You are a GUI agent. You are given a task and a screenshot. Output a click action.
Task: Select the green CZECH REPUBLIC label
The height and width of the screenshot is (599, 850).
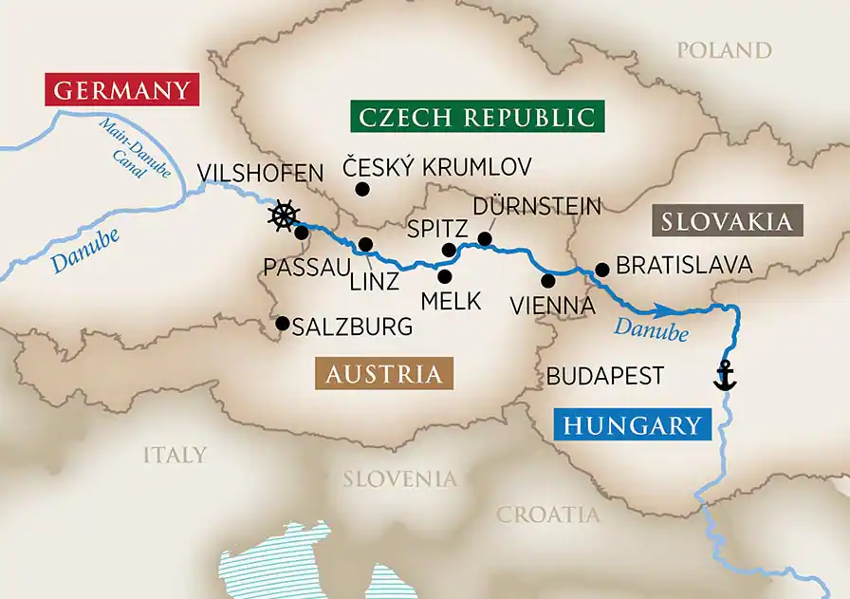click(477, 118)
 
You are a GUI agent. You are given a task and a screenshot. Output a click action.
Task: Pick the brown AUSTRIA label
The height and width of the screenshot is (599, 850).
click(384, 374)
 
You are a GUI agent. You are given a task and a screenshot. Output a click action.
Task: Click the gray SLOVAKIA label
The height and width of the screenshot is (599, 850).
click(726, 222)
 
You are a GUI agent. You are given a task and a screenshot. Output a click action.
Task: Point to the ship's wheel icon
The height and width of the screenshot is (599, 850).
click(283, 216)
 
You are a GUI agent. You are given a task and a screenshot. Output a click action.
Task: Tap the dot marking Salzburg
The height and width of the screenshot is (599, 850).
click(282, 324)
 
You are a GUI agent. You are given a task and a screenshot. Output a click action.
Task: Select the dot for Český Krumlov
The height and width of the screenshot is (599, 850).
click(361, 190)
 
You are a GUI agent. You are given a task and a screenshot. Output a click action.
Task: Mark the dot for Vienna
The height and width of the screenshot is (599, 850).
click(547, 280)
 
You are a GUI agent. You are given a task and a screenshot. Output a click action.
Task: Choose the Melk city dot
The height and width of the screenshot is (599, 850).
click(444, 276)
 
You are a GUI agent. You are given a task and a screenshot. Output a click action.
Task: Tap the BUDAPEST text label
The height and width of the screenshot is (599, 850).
click(604, 376)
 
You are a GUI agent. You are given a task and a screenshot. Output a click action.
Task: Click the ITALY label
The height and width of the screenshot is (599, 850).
click(175, 455)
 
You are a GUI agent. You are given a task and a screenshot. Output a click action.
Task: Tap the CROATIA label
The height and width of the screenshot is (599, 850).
click(548, 515)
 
